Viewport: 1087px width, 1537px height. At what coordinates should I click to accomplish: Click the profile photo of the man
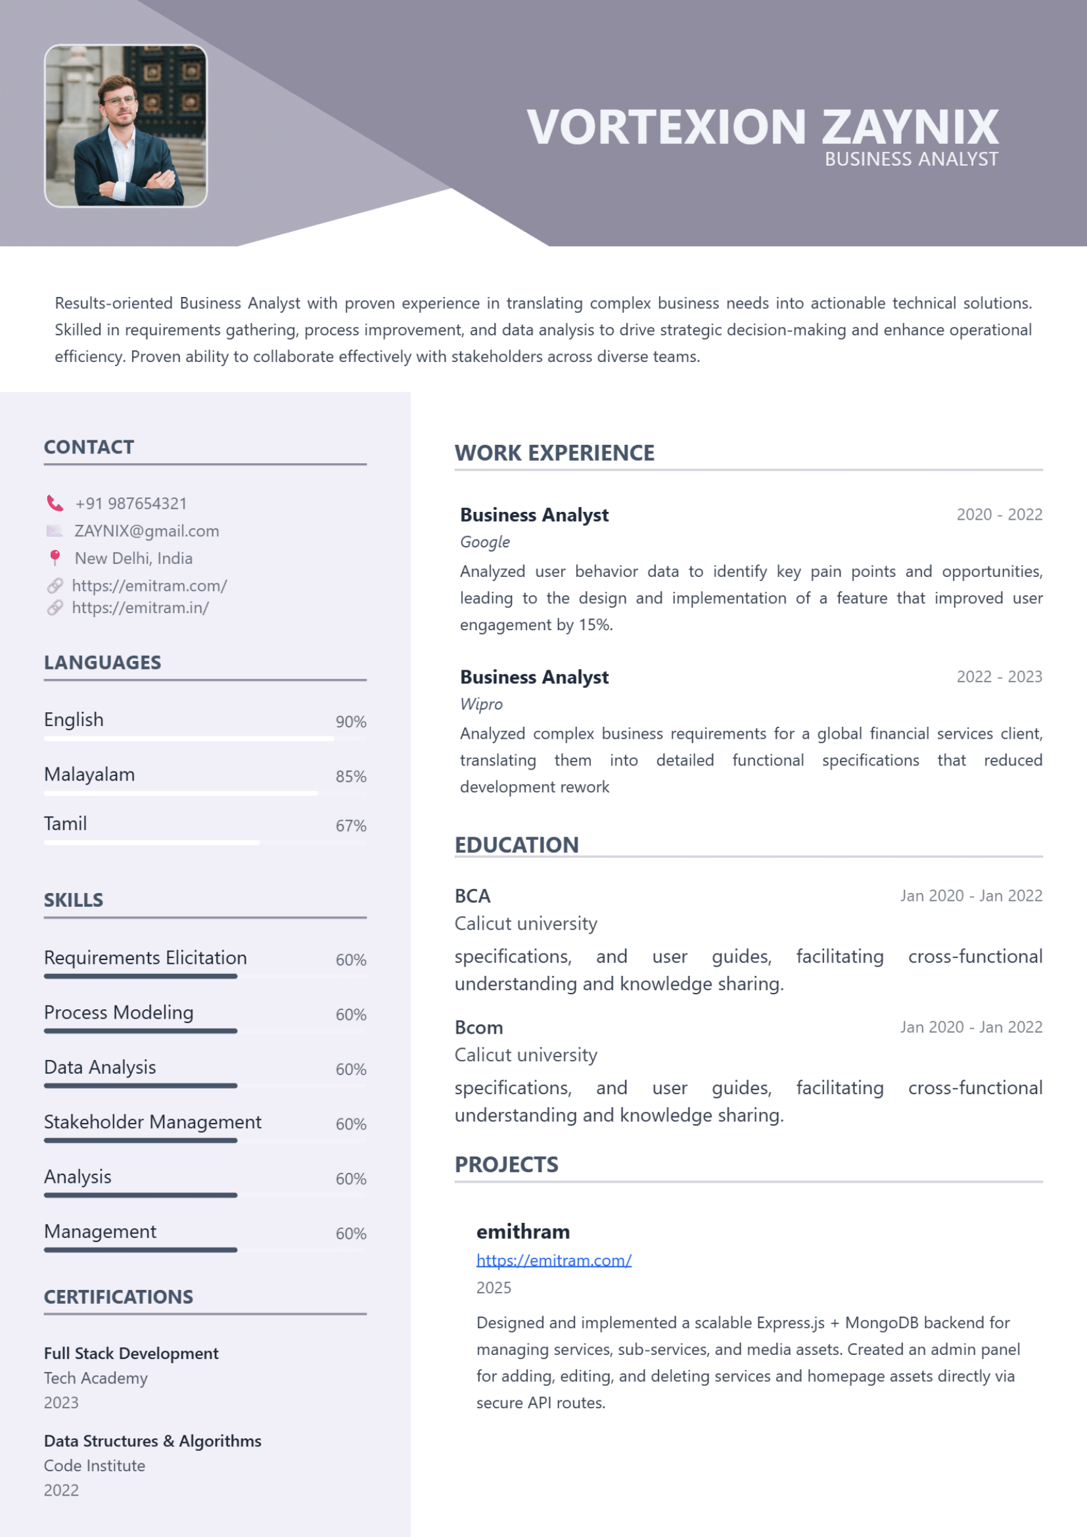(126, 126)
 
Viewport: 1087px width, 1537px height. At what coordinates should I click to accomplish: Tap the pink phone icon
(55, 503)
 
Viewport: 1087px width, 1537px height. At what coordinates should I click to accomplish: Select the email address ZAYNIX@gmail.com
(147, 531)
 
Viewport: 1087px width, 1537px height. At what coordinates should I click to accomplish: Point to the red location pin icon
(55, 557)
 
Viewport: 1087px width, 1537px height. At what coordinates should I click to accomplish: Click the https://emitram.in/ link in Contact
(140, 608)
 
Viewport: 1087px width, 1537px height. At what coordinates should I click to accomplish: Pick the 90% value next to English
(351, 722)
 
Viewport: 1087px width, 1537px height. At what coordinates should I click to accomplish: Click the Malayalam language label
(89, 775)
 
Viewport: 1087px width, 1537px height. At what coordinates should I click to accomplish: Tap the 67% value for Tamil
(351, 825)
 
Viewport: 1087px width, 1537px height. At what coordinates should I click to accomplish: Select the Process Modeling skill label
(118, 1012)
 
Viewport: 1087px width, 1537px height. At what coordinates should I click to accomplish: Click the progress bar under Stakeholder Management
(141, 1140)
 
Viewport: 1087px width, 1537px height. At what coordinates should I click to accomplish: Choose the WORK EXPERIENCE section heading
(554, 453)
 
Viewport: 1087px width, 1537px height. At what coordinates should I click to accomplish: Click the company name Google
(484, 542)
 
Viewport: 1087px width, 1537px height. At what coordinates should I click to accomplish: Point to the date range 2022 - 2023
(999, 677)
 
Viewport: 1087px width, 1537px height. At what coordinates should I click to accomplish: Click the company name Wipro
(480, 704)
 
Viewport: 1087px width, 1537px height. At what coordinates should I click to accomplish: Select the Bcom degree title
(478, 1028)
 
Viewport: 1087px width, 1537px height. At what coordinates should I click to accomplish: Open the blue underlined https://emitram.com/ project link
(553, 1260)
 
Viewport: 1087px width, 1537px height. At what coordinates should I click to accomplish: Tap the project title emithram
(522, 1231)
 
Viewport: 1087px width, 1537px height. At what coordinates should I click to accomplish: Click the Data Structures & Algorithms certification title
(152, 1440)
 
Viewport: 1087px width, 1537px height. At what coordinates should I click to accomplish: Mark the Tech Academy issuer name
(96, 1379)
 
